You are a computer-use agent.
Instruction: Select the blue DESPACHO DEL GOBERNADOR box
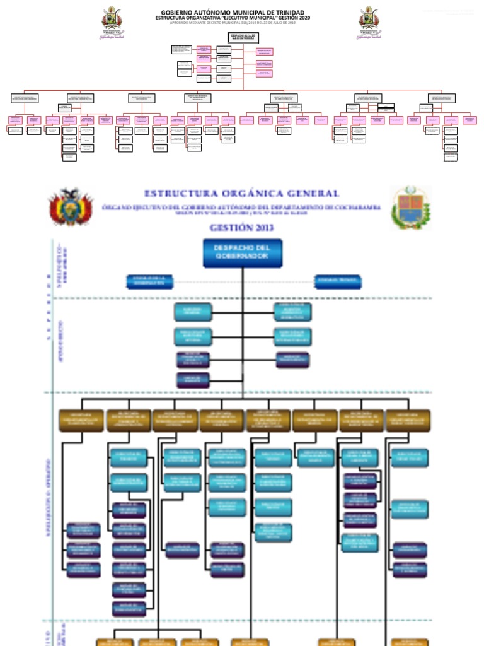[242, 252]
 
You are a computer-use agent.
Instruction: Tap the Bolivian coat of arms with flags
[71, 208]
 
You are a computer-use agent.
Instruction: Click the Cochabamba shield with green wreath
[410, 208]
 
